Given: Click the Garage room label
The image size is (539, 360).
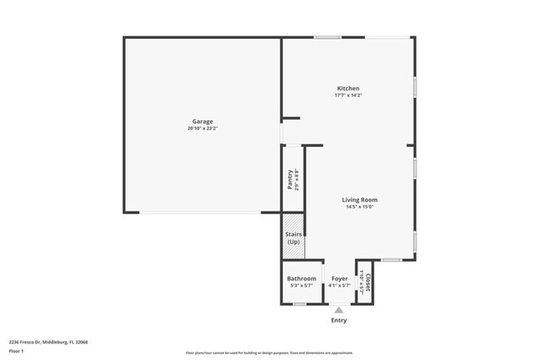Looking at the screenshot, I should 202,121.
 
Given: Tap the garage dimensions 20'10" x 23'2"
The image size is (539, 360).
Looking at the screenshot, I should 202,129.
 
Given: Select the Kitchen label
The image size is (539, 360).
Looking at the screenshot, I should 348,88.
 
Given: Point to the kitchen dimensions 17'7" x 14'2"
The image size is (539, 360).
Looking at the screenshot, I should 348,95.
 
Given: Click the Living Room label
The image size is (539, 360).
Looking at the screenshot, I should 360,200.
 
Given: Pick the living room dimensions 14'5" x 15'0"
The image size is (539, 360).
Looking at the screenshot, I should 360,207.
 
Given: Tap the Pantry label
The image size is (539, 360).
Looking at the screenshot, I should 290,179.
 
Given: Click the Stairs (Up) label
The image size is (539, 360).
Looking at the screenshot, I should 293,238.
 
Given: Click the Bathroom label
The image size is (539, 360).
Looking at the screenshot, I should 301,279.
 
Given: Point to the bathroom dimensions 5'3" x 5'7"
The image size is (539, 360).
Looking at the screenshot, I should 301,286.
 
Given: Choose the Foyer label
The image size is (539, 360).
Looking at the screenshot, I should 339,279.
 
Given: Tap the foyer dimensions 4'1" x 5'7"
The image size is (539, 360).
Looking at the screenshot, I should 339,286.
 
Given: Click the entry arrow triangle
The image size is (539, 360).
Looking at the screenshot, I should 338,310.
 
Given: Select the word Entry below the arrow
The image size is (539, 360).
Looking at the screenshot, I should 339,320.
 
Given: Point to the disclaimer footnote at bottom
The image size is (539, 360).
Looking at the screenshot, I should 269,353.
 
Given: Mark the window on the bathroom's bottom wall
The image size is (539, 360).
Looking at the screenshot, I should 299,304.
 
